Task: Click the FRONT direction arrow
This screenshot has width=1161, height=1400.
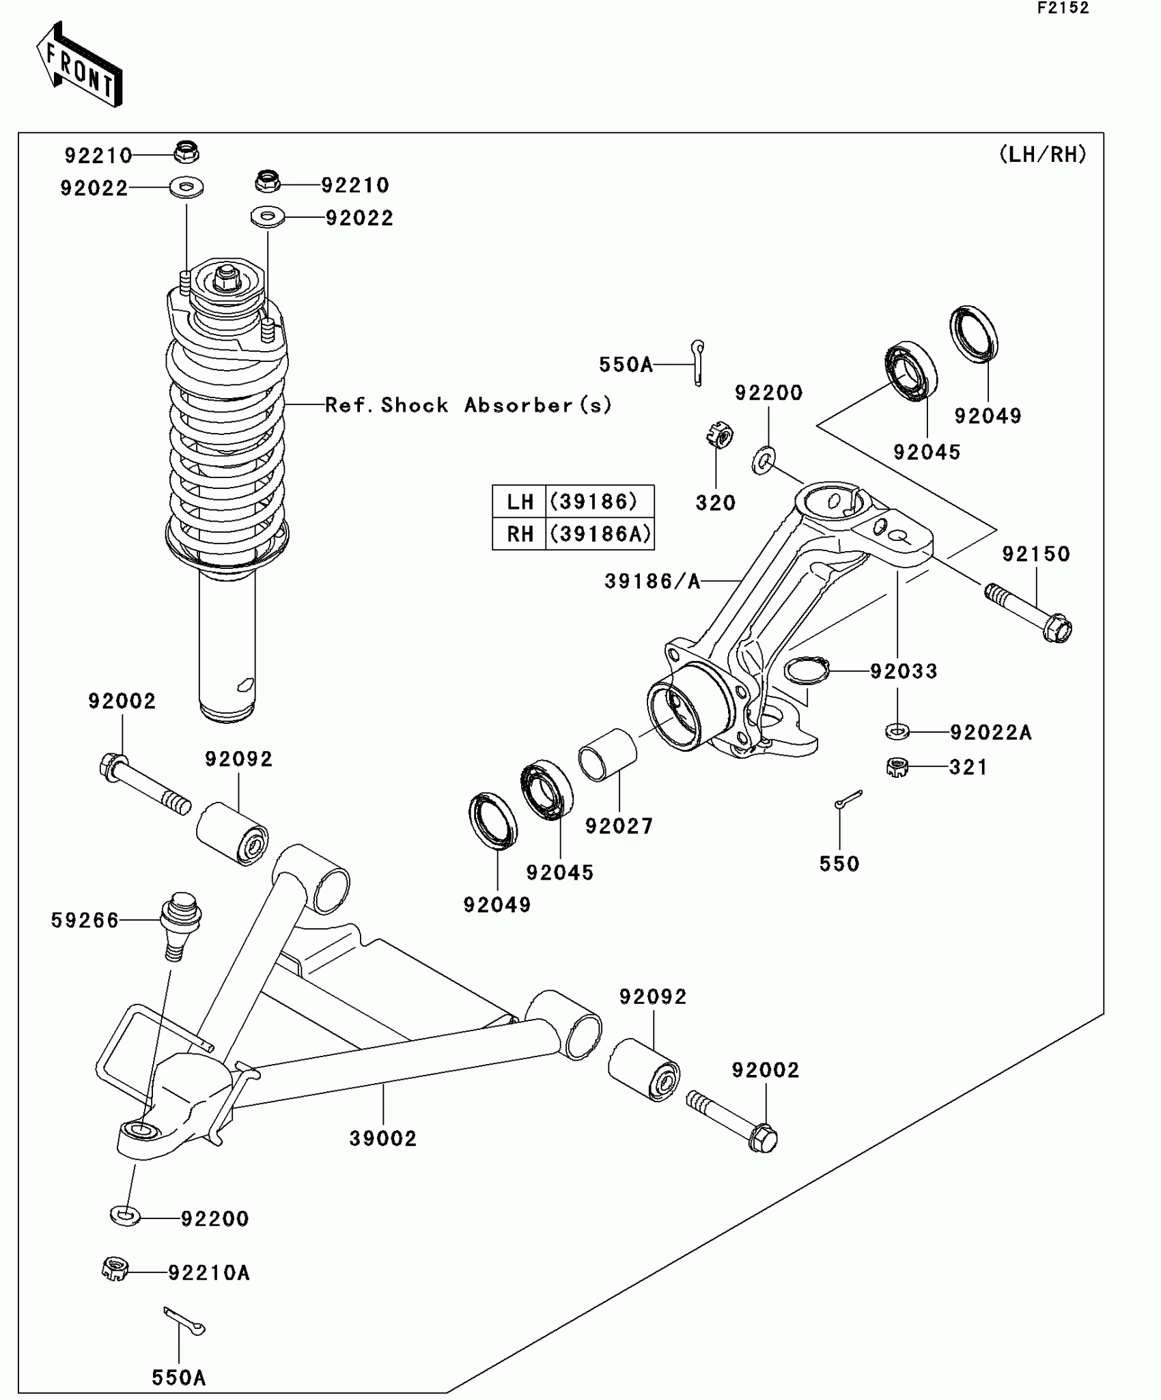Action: click(79, 65)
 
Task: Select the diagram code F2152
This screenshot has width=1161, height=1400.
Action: click(1063, 8)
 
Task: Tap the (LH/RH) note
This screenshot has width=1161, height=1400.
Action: click(1042, 155)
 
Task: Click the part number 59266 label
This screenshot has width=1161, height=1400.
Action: click(85, 921)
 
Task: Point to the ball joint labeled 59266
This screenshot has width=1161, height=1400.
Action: click(179, 925)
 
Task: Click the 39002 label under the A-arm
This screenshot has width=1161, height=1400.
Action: click(382, 1138)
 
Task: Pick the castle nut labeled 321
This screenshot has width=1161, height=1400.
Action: click(897, 768)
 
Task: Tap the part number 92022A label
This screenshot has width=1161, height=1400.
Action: click(990, 733)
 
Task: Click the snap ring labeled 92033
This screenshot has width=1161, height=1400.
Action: click(807, 670)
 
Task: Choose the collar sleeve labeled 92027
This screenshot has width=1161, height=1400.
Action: click(607, 755)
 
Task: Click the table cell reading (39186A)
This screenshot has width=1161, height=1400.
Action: click(600, 534)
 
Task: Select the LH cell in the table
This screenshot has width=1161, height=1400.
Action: click(520, 502)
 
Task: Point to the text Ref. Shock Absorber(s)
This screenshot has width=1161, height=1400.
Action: click(468, 405)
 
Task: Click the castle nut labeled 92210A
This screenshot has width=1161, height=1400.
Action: click(115, 1269)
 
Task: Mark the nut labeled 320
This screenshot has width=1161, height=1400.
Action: click(720, 434)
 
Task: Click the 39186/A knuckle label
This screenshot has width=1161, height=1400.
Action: click(652, 581)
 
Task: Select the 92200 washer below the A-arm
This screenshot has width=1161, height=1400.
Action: click(125, 1216)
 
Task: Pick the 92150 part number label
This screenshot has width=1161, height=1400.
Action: click(1036, 554)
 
